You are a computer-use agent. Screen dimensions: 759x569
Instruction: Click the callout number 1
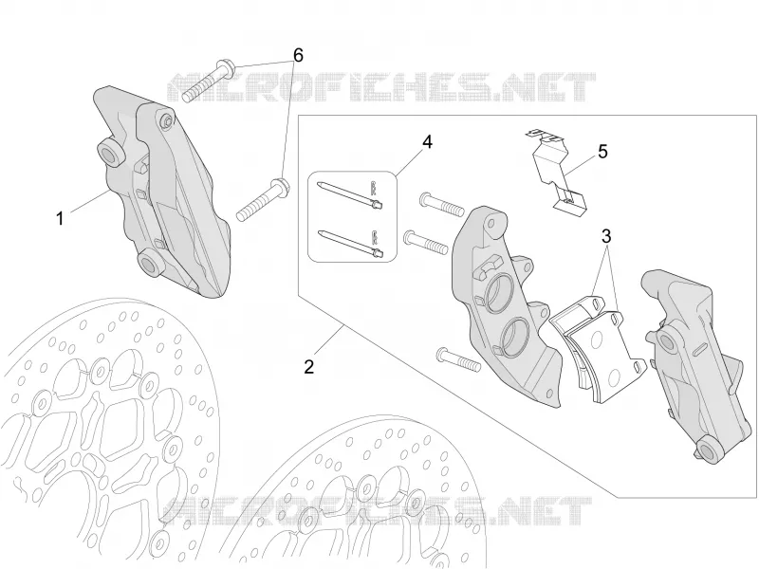coord(60,219)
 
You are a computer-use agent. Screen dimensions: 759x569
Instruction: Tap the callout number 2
coord(309,366)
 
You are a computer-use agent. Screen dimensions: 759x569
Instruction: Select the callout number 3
coord(606,236)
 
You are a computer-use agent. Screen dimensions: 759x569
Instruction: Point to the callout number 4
coord(427,142)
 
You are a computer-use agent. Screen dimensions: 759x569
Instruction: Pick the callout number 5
coord(602,152)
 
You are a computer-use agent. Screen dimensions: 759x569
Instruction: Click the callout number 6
coord(298,56)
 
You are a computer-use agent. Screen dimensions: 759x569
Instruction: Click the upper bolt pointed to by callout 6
coord(209,80)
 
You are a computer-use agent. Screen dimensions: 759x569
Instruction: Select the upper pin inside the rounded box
coord(349,195)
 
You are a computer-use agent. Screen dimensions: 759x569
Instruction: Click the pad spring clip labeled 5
coord(557,171)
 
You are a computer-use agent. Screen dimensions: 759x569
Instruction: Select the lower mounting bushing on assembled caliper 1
coord(150,265)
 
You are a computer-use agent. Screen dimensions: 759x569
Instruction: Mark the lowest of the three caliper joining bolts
coord(458,360)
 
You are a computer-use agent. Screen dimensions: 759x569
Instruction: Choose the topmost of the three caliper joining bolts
coord(442,204)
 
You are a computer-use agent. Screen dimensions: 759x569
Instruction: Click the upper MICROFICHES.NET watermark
coord(380,87)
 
